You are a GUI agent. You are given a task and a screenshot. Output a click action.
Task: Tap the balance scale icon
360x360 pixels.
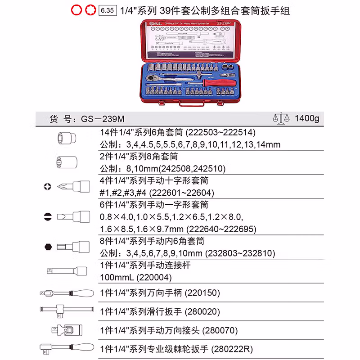point(280,118)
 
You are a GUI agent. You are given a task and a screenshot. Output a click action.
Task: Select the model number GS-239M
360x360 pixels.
point(103,119)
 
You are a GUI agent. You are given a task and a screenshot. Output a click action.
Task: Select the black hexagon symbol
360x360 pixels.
point(47,247)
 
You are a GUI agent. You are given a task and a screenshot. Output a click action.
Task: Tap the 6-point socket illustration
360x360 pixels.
point(67,137)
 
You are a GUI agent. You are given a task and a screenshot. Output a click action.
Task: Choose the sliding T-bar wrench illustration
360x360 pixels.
point(67,310)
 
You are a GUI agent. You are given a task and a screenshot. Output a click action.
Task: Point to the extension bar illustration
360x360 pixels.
point(67,271)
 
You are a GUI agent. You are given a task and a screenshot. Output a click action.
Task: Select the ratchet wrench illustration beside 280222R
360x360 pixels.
point(67,347)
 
